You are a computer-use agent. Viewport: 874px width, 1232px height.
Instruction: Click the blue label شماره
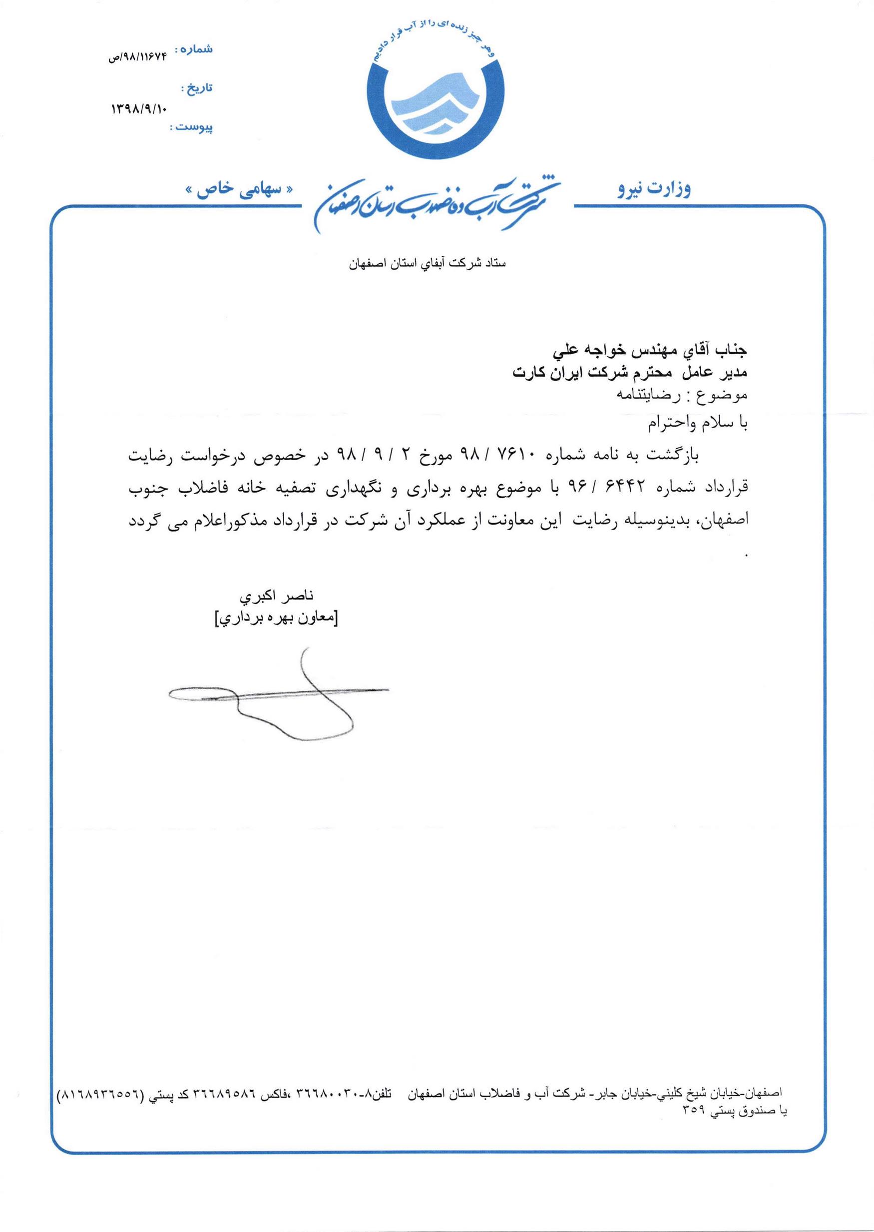[x=197, y=49]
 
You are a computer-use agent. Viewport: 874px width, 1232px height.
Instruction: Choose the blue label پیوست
[x=192, y=127]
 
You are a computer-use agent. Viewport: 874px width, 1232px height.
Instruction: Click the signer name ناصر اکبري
[x=276, y=597]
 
